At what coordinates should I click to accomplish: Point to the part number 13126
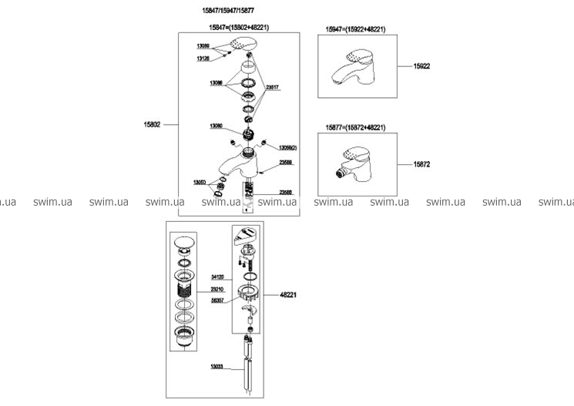pos(203,58)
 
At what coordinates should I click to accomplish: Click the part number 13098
pos(217,82)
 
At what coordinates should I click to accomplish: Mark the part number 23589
pos(286,163)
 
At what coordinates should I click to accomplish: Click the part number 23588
pos(286,192)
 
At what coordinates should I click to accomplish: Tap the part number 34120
pos(218,277)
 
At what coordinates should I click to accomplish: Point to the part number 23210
pos(218,289)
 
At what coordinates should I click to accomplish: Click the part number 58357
pos(218,301)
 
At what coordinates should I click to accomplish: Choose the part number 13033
pos(217,366)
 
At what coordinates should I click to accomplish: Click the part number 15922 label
pos(421,67)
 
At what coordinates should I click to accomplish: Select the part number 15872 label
pos(422,164)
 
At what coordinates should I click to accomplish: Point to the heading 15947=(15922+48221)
pos(355,29)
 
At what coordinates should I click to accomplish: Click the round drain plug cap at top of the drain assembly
pos(187,243)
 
